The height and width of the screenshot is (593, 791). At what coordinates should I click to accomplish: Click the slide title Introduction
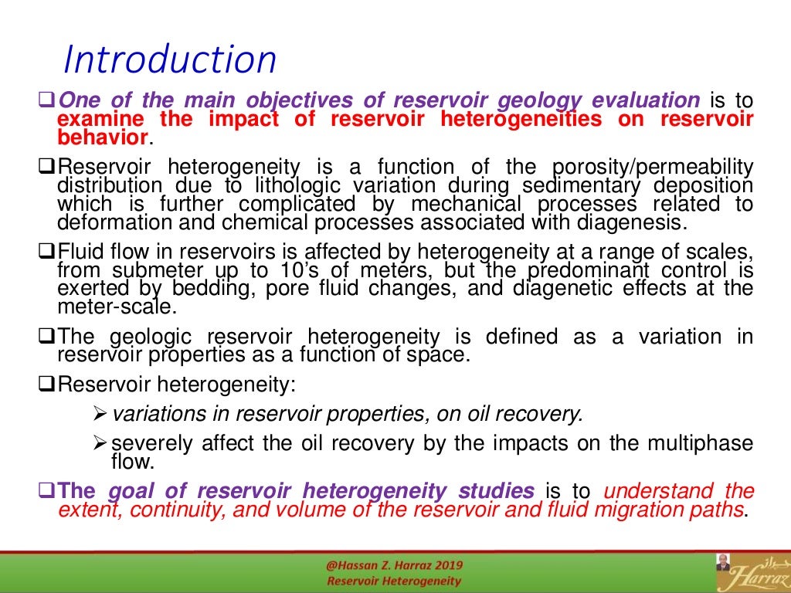tap(169, 59)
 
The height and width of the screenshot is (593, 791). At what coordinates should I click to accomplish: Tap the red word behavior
tap(103, 137)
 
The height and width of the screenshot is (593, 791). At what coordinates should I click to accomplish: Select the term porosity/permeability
tap(653, 167)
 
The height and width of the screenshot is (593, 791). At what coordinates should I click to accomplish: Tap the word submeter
tap(157, 270)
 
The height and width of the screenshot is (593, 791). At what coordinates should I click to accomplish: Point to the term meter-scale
tap(117, 307)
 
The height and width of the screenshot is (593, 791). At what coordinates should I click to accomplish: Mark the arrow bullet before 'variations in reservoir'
tap(99, 415)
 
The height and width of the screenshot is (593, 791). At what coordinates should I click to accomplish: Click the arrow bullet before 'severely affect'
tap(99, 445)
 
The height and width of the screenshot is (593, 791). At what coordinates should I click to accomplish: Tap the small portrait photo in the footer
tap(723, 561)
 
